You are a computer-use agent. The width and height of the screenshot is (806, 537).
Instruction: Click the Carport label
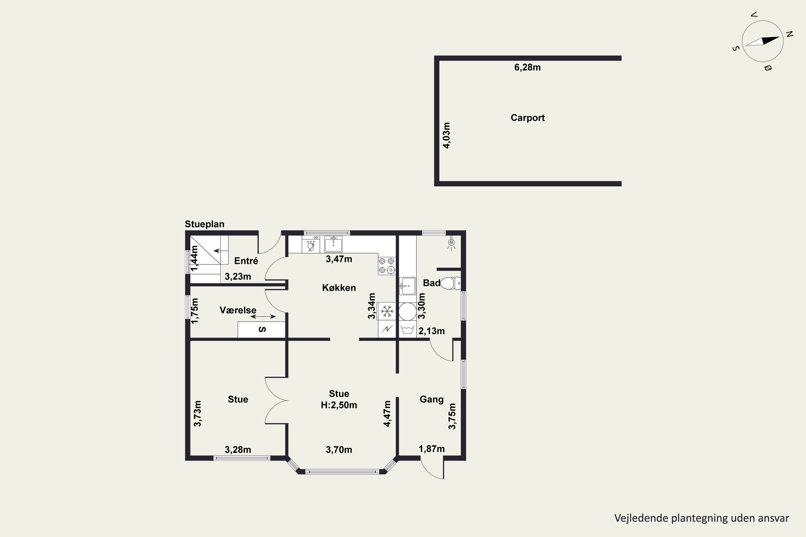527,118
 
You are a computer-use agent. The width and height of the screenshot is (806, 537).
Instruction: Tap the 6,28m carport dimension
527,67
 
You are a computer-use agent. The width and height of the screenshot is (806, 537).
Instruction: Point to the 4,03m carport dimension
447,135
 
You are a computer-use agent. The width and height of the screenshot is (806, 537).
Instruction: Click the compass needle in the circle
762,41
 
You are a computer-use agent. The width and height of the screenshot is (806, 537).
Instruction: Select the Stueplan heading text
204,224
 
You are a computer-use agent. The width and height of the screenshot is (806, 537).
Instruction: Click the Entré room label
246,261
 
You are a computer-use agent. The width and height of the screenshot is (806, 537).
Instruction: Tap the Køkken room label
339,288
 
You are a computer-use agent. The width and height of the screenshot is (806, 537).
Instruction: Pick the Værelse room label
238,310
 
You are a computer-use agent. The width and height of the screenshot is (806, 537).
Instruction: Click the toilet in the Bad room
451,283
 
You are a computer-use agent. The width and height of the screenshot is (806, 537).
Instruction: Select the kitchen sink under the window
333,244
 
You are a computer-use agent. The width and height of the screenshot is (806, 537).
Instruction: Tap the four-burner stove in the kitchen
387,266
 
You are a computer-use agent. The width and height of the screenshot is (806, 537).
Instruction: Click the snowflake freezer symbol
387,311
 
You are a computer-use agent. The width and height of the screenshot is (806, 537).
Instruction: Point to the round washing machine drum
408,311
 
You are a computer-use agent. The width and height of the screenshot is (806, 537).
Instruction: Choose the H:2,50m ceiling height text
339,405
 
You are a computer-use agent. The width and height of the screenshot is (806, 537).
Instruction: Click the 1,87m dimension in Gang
431,449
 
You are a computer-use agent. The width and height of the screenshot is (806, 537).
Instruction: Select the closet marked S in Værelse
261,329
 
